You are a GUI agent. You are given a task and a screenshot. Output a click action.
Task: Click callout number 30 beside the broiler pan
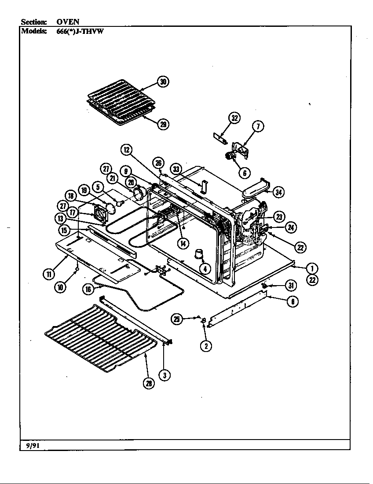click(163, 82)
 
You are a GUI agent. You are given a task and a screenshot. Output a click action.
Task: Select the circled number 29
click(163, 124)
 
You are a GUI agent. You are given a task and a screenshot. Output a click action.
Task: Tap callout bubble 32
click(234, 117)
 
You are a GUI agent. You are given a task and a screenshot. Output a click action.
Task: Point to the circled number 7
click(258, 126)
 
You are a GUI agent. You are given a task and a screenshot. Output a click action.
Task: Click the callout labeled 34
click(278, 192)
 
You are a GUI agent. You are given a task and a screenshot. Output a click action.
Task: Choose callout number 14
click(182, 243)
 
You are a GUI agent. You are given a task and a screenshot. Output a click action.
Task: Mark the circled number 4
click(204, 268)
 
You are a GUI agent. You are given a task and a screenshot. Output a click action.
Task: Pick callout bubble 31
click(290, 286)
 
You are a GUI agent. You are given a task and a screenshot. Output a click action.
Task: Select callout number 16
click(88, 289)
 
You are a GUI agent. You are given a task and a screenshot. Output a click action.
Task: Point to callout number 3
click(165, 375)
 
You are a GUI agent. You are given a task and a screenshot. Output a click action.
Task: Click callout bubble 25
click(177, 319)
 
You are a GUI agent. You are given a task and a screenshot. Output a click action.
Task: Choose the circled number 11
click(48, 274)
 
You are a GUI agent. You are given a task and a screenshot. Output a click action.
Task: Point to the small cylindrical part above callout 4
click(200, 254)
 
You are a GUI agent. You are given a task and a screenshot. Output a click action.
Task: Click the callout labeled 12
click(126, 150)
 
